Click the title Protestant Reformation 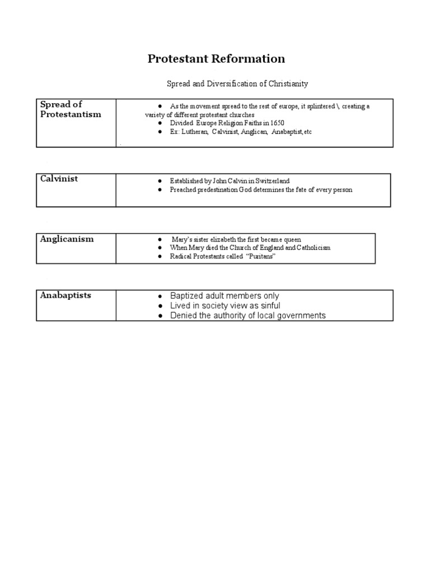tap(216, 59)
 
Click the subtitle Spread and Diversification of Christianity tap(237, 84)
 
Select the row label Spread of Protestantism tap(71, 109)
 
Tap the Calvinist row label tap(59, 179)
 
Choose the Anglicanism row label tap(67, 239)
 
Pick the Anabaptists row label tap(66, 295)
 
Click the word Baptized tap(187, 296)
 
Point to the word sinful tap(269, 305)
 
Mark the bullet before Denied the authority tap(160, 316)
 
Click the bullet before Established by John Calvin tap(160, 182)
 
